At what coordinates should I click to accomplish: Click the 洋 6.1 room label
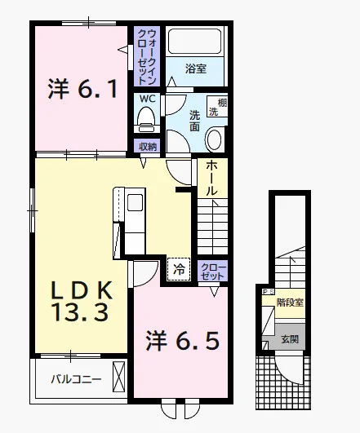point(82,89)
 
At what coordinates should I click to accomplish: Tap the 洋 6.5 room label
point(183,341)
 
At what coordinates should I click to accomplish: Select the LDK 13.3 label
point(81,301)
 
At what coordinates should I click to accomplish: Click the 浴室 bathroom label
point(196,68)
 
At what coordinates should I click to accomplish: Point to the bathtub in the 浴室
point(195,41)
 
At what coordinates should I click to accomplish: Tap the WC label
point(147,99)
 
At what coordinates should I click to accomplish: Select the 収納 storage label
point(148,147)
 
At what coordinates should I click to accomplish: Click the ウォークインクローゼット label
point(147,57)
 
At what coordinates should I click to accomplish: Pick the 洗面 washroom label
point(194,121)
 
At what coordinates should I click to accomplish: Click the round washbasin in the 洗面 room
point(215,139)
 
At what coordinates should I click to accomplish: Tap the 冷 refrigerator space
point(179,269)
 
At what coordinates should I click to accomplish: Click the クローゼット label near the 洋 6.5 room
point(212,272)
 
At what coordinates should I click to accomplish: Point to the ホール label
point(211,178)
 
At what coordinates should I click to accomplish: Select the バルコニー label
point(76,380)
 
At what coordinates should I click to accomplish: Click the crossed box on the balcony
point(119,377)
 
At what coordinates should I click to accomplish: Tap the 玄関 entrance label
point(290,339)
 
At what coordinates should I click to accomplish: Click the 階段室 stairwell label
point(290,303)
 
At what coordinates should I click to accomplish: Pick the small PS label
point(268,291)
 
